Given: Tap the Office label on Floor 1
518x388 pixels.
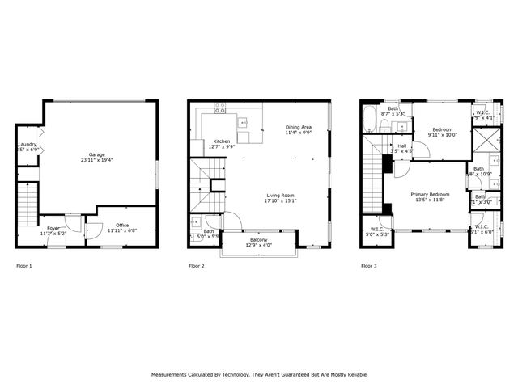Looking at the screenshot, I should [x=122, y=227].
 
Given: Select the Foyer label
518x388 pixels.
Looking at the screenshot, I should [x=53, y=230].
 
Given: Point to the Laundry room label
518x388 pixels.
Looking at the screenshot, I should [x=28, y=146].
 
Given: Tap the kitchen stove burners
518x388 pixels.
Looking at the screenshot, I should [x=219, y=108].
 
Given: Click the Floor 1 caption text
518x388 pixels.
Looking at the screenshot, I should [x=24, y=266].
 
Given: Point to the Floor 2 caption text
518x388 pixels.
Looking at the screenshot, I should [x=197, y=266].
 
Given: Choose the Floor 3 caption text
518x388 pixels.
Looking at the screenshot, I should [x=369, y=266].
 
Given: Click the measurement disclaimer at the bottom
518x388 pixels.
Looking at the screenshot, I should [x=259, y=374].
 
